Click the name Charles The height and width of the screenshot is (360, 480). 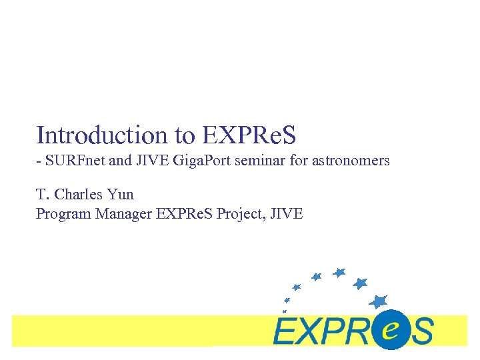(x=79, y=195)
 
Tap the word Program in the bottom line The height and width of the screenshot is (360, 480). (x=61, y=214)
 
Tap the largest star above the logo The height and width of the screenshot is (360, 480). (x=379, y=301)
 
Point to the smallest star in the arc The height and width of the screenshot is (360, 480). (x=285, y=311)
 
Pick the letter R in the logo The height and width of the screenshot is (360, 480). (x=364, y=331)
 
